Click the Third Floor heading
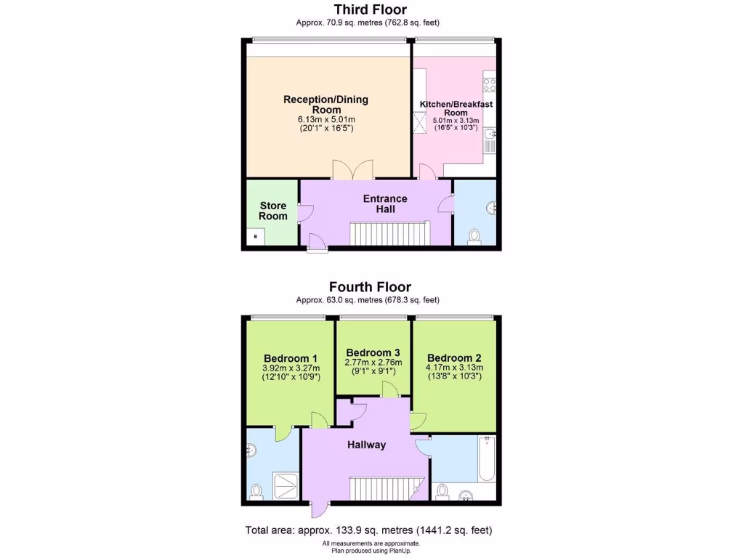371,9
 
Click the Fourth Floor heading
370,287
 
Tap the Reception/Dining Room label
325,105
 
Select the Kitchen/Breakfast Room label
456,108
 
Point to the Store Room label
273,211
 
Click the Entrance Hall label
385,203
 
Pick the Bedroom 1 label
290,358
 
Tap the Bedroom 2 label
454,358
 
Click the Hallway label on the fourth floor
365,445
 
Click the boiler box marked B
255,237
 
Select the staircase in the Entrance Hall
390,233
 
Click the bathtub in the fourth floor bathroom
486,458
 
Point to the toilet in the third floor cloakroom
474,235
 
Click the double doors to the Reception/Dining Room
352,170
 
